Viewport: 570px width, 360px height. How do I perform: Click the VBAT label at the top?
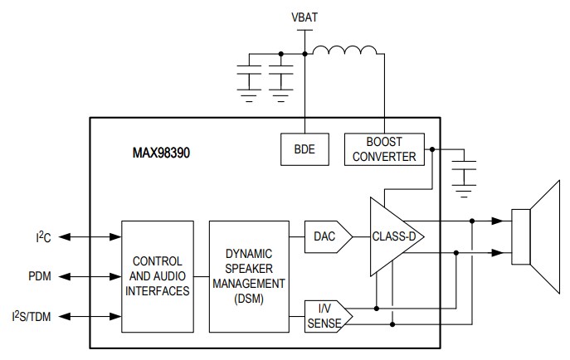(305, 17)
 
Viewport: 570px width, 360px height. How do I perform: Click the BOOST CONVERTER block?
(383, 149)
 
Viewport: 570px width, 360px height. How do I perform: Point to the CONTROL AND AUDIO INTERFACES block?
(158, 276)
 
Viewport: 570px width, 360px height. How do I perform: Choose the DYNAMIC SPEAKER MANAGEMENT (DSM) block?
(248, 276)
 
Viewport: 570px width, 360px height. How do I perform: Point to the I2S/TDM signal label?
(35, 315)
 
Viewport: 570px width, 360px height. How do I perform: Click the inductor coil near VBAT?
(344, 54)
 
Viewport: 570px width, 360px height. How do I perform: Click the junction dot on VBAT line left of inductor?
(305, 56)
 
